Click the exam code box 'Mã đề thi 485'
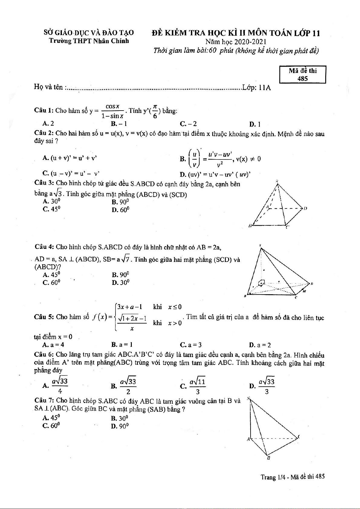pyautogui.click(x=303, y=75)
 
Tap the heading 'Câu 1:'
pyautogui.click(x=44, y=111)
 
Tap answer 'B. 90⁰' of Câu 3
pyautogui.click(x=120, y=202)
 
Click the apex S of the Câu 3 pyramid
pyautogui.click(x=277, y=182)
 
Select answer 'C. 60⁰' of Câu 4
pyautogui.click(x=51, y=282)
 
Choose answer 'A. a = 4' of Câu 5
pyautogui.click(x=53, y=345)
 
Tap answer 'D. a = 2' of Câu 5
pyautogui.click(x=260, y=345)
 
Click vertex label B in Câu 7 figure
pyautogui.click(x=268, y=458)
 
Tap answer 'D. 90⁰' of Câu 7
pyautogui.click(x=120, y=426)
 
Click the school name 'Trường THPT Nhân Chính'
pyautogui.click(x=89, y=41)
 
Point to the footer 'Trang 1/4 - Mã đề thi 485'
pyautogui.click(x=293, y=477)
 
